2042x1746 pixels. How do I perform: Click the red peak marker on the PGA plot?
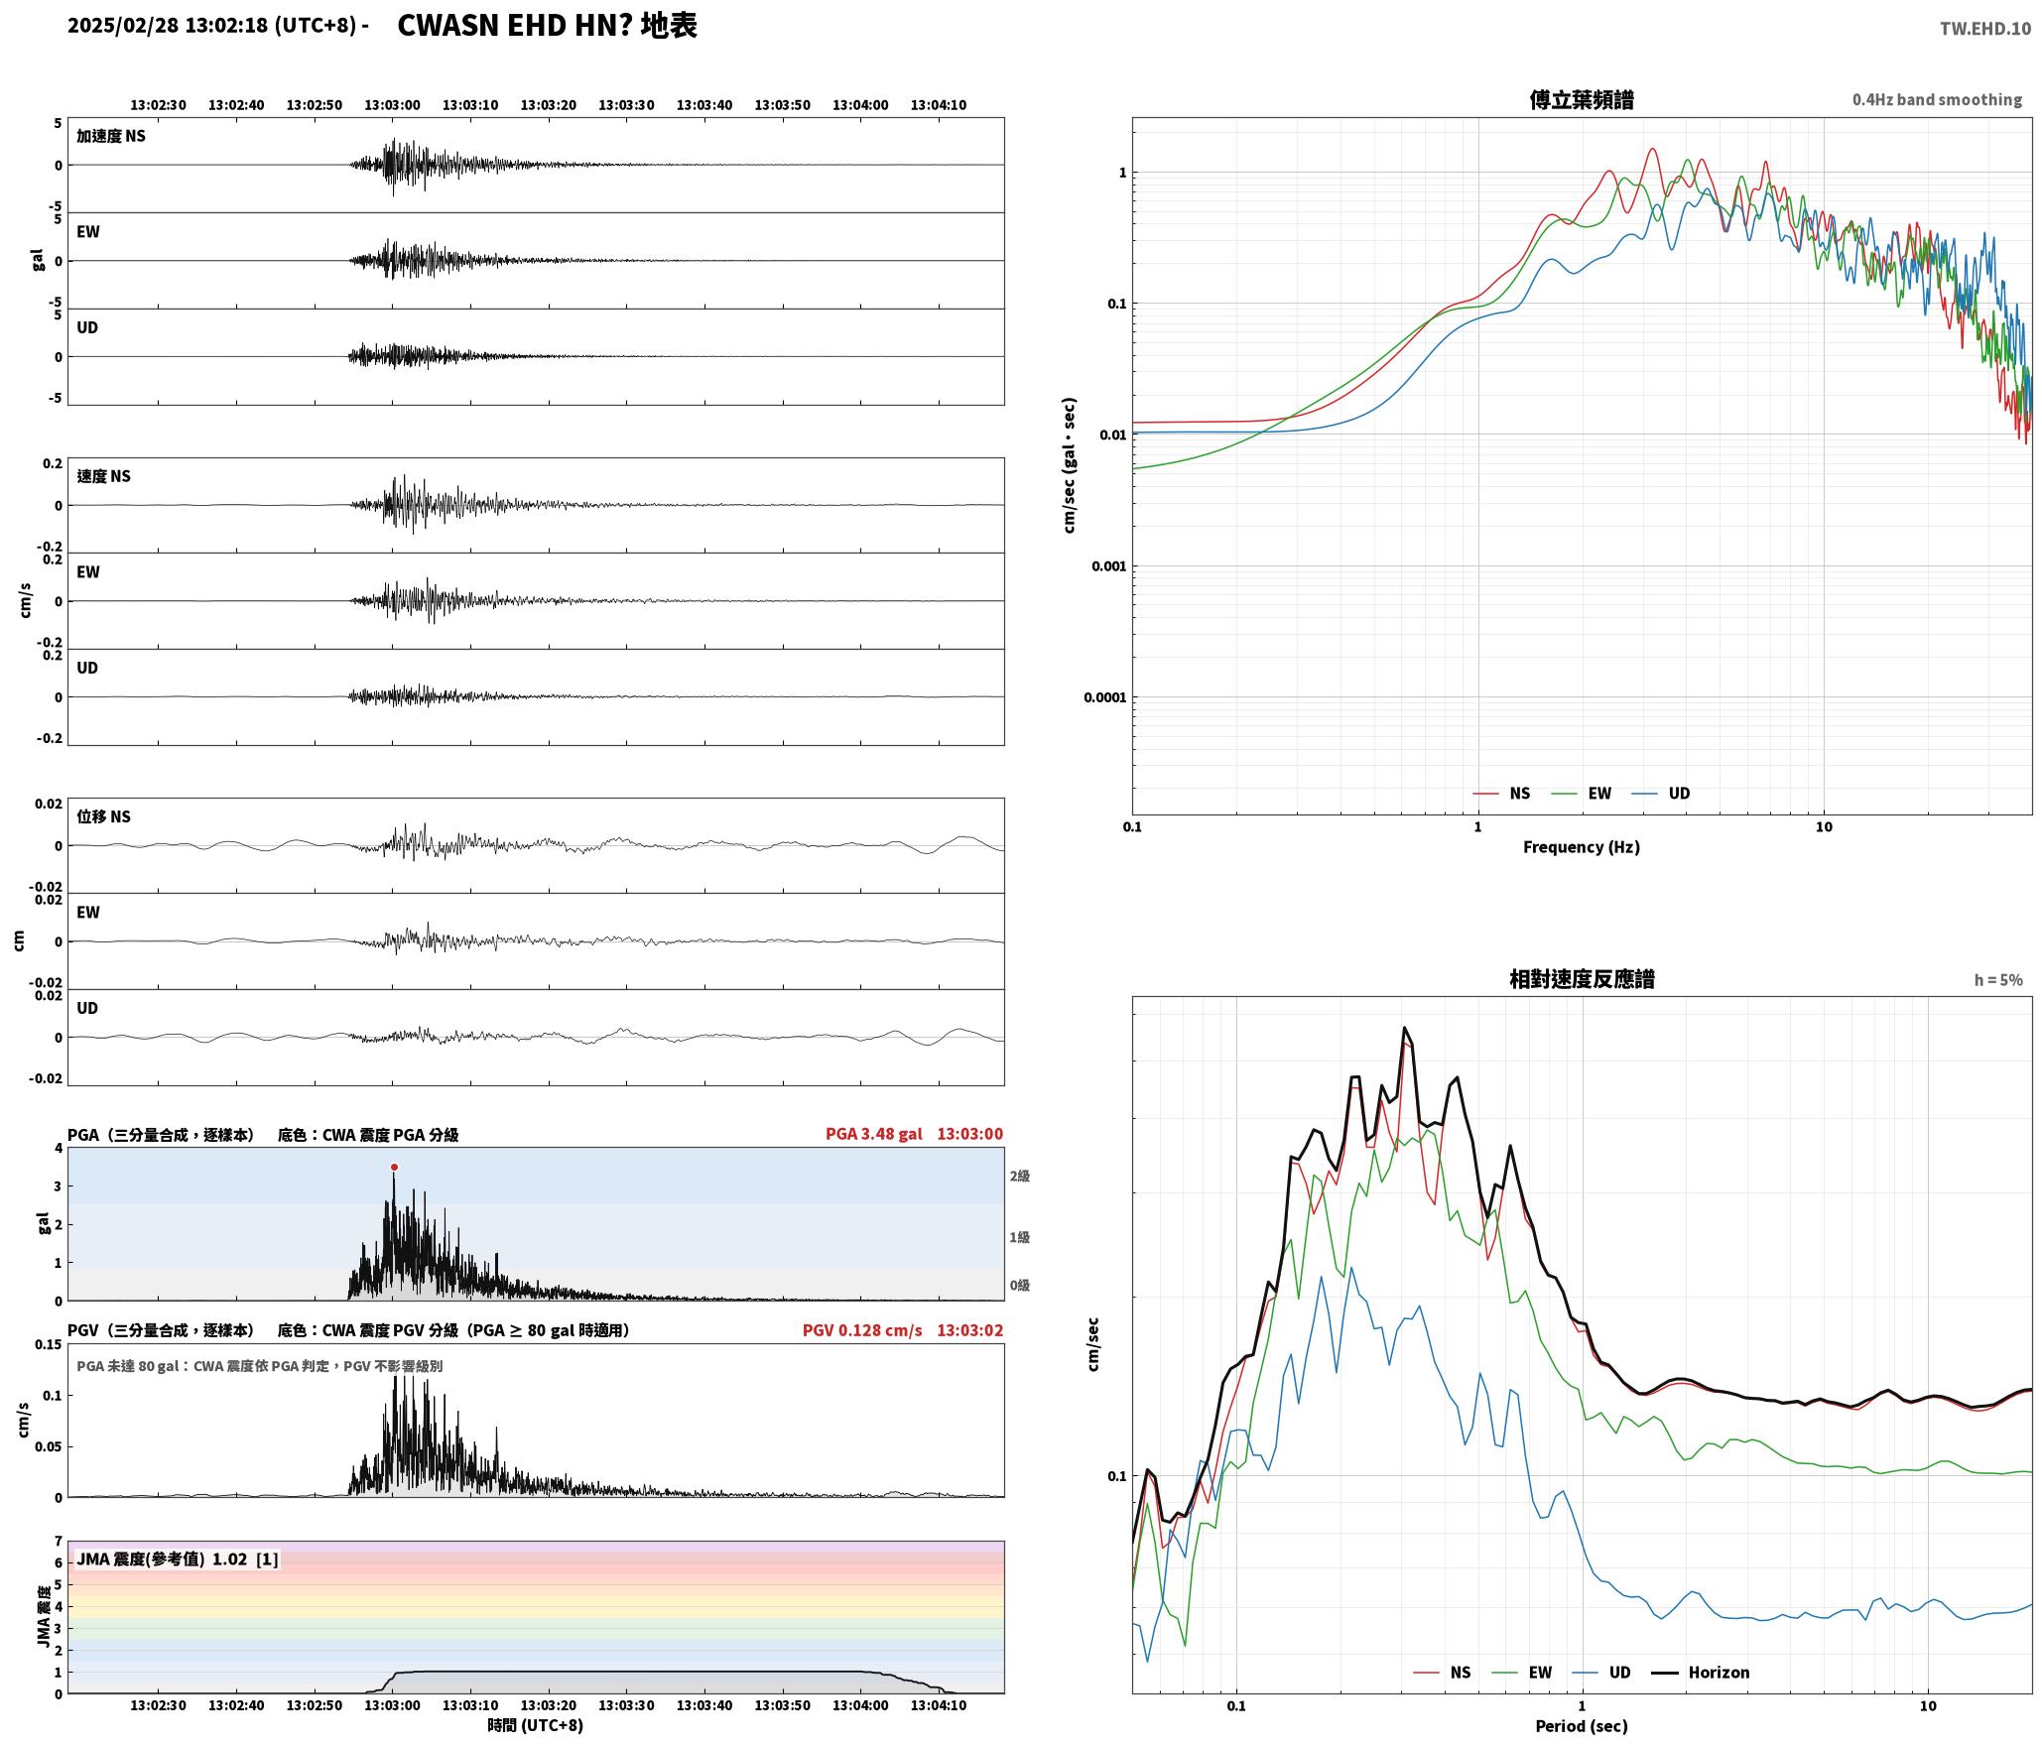tap(394, 1167)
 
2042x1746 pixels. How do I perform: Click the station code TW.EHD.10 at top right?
tap(1985, 29)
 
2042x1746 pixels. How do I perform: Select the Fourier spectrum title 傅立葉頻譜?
tap(1582, 99)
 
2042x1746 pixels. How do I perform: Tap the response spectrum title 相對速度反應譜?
tap(1582, 979)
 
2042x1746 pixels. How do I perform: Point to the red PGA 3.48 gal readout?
tap(873, 1134)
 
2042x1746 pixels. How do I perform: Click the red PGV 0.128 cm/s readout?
tap(862, 1330)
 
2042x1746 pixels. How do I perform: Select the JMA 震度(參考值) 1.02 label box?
tap(178, 1559)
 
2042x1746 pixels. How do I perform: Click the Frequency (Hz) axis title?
tap(1582, 847)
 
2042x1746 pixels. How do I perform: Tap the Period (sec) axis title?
tap(1582, 1726)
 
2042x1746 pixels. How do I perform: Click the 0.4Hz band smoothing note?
tap(1937, 100)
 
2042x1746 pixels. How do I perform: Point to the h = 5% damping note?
tap(1998, 980)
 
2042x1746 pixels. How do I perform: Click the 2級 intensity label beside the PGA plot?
tap(1020, 1177)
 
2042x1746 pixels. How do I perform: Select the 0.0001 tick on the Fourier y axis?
tap(1105, 697)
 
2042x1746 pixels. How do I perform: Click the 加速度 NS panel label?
tap(111, 136)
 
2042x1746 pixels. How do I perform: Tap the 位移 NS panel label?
tap(104, 816)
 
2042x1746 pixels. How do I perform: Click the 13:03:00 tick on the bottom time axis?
tap(392, 1706)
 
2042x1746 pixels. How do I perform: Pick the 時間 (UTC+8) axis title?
tap(536, 1726)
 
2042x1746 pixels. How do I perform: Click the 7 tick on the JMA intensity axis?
tap(59, 1542)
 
